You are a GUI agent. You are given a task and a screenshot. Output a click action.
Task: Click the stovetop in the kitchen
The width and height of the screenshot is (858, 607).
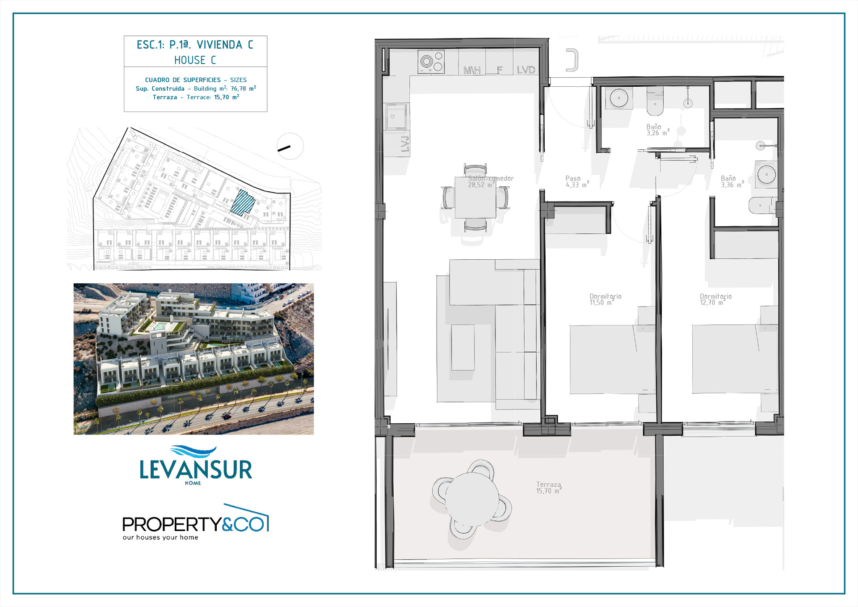click(x=431, y=61)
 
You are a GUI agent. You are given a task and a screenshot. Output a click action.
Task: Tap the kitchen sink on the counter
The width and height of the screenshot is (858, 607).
click(x=396, y=116)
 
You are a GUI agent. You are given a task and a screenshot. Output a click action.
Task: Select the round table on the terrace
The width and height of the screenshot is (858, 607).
click(x=472, y=499)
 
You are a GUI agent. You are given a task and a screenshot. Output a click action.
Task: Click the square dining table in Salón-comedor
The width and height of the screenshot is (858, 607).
click(x=475, y=197)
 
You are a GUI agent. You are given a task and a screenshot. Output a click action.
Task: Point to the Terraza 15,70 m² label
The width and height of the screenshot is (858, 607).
click(x=549, y=488)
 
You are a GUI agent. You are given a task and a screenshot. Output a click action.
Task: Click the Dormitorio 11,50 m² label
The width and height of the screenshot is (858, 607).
click(x=605, y=299)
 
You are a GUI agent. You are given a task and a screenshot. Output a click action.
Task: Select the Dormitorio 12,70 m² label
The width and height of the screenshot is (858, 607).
click(x=715, y=299)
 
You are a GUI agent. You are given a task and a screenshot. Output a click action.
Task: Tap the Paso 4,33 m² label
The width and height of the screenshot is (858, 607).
click(x=577, y=181)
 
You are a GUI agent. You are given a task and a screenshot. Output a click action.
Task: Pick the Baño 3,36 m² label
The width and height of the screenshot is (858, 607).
click(x=732, y=181)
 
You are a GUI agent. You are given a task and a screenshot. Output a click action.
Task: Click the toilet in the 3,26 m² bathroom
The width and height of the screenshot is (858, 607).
click(x=655, y=101)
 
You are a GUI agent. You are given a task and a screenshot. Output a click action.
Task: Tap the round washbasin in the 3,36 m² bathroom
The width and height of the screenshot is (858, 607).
click(x=766, y=174)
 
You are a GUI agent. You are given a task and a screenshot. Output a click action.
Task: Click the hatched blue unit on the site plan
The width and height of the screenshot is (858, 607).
click(x=243, y=203)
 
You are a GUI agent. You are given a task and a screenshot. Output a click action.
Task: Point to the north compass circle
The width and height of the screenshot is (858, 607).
click(x=290, y=146)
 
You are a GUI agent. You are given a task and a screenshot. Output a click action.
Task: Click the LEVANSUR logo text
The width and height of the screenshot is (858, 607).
click(x=196, y=470)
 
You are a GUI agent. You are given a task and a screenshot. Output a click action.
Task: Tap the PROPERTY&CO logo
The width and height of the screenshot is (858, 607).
click(x=196, y=522)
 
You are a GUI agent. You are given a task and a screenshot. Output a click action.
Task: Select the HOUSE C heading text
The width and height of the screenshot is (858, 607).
click(x=195, y=60)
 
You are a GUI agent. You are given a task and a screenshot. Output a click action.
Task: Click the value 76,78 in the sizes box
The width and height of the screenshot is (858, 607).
click(x=238, y=89)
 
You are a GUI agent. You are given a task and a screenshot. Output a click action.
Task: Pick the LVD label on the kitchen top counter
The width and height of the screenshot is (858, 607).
click(x=526, y=70)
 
